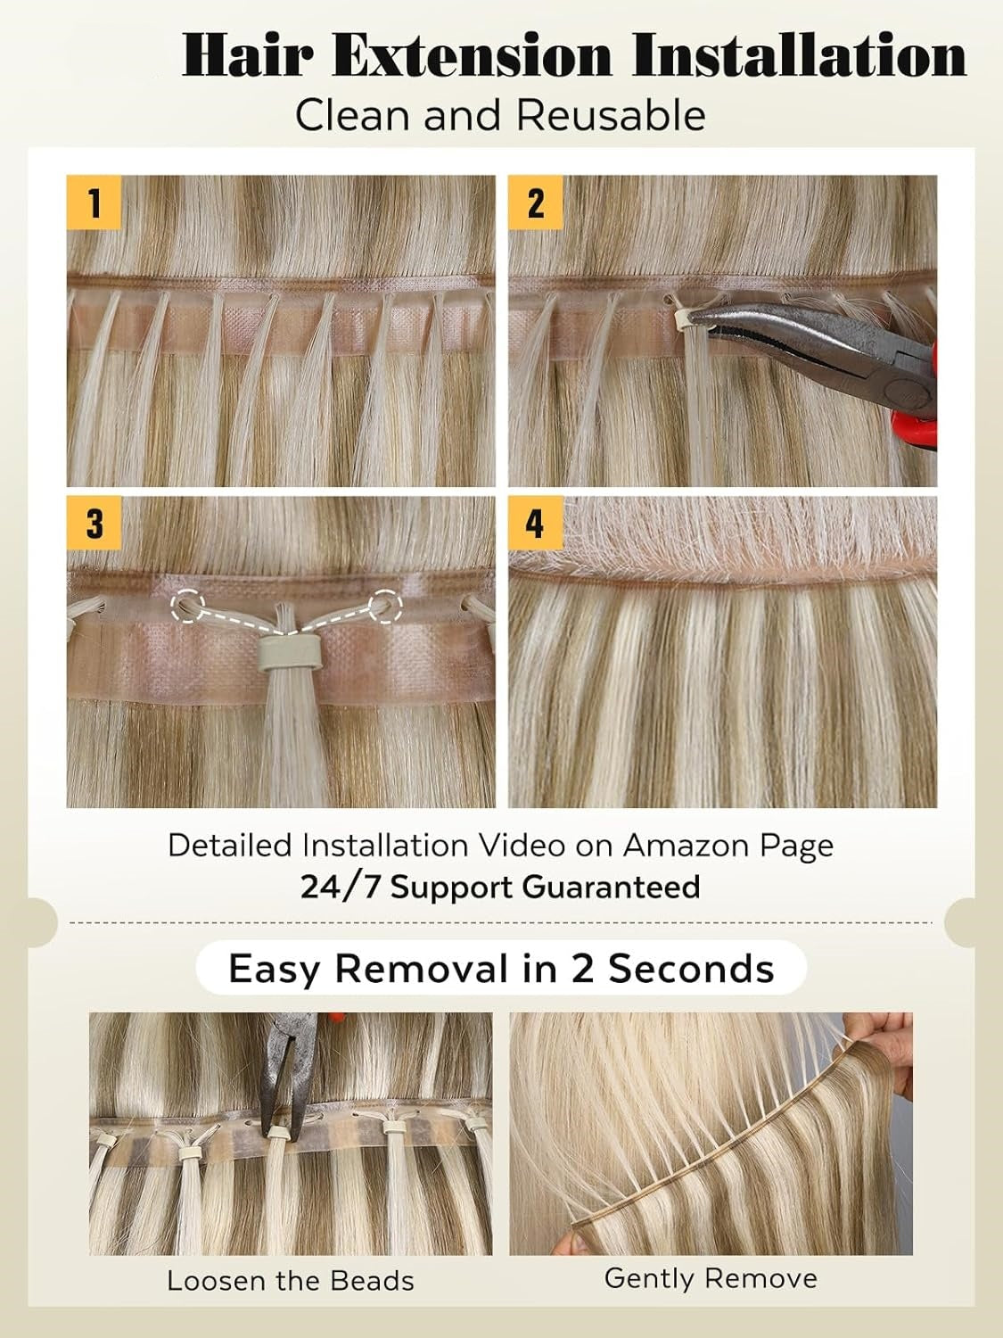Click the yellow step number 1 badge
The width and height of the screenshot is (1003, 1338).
pos(94,202)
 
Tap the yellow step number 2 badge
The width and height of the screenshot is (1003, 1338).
pos(535,202)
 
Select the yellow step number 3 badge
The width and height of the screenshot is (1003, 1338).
pos(94,523)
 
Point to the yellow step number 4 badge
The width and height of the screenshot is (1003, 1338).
pos(535,523)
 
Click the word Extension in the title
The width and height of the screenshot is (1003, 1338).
pos(472,56)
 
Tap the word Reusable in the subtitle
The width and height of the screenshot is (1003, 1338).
pos(611,116)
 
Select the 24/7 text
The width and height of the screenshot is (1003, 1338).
pos(339,887)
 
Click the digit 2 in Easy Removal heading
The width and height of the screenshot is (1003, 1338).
pos(583,968)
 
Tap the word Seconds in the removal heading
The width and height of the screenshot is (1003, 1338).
pos(691,968)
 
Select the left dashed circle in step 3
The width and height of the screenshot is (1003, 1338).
pos(187,607)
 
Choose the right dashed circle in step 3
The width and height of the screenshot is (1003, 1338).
pos(385,607)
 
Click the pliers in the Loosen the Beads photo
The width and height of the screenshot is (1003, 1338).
pos(286,1080)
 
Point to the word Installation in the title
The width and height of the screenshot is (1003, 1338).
pos(799,56)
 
